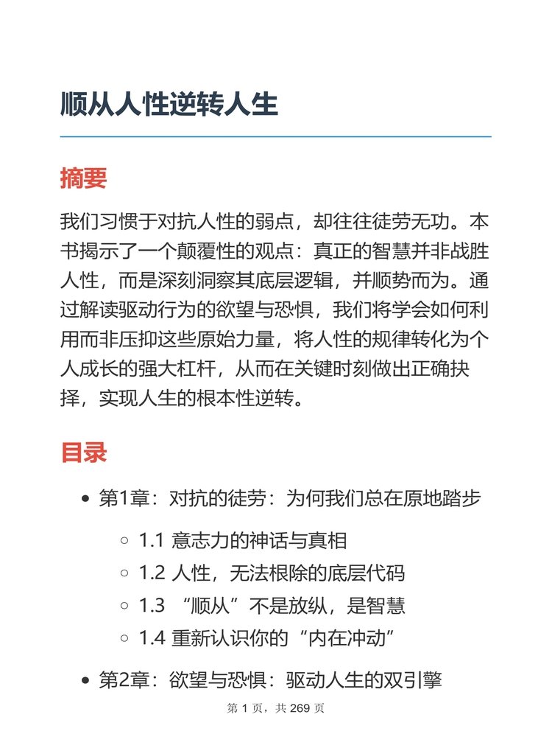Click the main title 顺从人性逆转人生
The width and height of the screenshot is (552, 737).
point(169,105)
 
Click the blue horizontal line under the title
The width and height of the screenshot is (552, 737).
point(275,136)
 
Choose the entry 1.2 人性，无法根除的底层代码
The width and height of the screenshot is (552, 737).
point(272,573)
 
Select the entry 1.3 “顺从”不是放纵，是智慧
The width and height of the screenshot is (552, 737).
point(272,606)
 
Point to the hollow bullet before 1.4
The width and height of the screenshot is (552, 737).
point(124,639)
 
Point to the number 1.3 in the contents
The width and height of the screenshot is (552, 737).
point(152,607)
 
